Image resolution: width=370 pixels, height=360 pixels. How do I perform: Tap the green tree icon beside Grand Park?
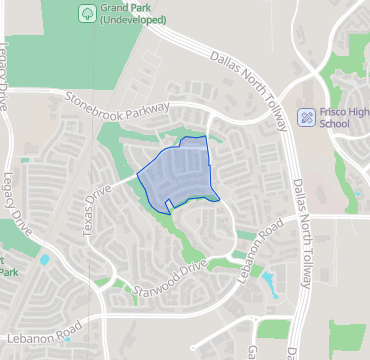tap(86, 13)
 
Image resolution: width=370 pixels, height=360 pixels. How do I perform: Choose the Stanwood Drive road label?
tap(170, 277)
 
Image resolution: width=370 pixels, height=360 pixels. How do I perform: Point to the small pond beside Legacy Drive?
tap(44, 260)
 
